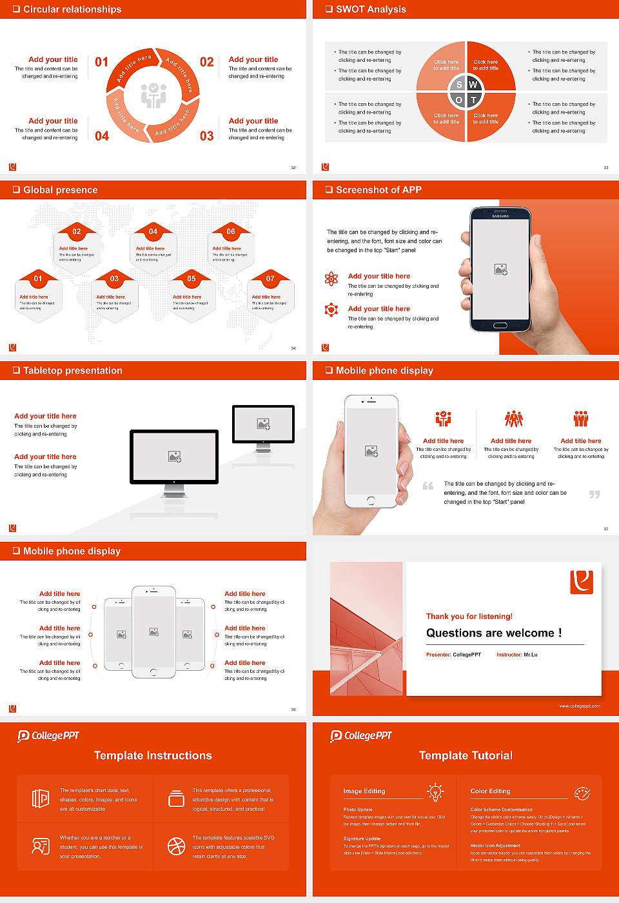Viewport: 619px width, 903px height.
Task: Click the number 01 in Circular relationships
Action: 102,62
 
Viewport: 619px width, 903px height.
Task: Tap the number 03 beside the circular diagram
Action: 206,136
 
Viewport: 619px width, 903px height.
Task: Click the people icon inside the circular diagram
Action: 153,95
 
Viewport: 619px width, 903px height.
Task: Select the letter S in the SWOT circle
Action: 459,84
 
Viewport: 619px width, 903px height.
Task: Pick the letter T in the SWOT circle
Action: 473,100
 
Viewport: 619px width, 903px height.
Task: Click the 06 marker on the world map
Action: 231,232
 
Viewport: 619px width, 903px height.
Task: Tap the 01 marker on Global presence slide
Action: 38,279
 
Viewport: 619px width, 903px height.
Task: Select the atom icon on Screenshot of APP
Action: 331,279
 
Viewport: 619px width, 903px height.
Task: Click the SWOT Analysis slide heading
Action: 371,9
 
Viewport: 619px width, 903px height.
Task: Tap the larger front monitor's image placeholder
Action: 174,457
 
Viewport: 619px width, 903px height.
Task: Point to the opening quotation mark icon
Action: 428,486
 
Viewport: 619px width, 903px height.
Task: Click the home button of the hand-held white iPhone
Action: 371,501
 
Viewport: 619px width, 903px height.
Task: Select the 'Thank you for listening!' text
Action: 469,616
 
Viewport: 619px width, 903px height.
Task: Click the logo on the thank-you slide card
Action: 582,582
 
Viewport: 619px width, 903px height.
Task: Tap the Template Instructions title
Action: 153,755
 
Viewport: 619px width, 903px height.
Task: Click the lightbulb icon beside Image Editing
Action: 435,792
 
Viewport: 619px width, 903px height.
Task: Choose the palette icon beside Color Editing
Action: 582,793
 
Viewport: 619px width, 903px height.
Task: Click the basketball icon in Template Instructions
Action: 176,846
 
